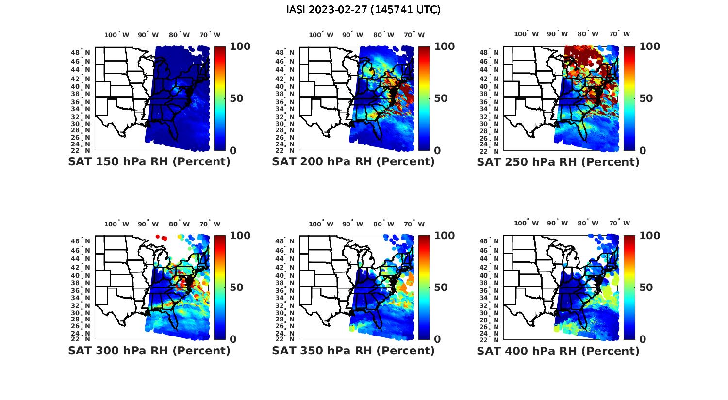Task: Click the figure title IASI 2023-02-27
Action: tap(364, 10)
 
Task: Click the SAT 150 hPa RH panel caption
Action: tap(149, 162)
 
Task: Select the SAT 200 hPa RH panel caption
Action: tap(353, 162)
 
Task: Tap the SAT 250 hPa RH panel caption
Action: tap(558, 162)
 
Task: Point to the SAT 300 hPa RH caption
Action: tap(149, 351)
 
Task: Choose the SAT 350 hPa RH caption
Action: tap(353, 351)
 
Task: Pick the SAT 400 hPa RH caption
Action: tap(558, 351)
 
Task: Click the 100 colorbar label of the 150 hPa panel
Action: tap(240, 47)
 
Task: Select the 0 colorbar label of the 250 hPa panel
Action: tap(643, 150)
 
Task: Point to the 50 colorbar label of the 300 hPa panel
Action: tap(236, 288)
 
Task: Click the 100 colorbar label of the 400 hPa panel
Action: tap(650, 236)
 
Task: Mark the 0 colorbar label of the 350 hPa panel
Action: tap(437, 339)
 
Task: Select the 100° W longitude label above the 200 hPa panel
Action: tap(321, 35)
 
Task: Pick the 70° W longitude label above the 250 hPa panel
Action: tap(619, 34)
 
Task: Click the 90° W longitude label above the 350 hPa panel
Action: tap(352, 224)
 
